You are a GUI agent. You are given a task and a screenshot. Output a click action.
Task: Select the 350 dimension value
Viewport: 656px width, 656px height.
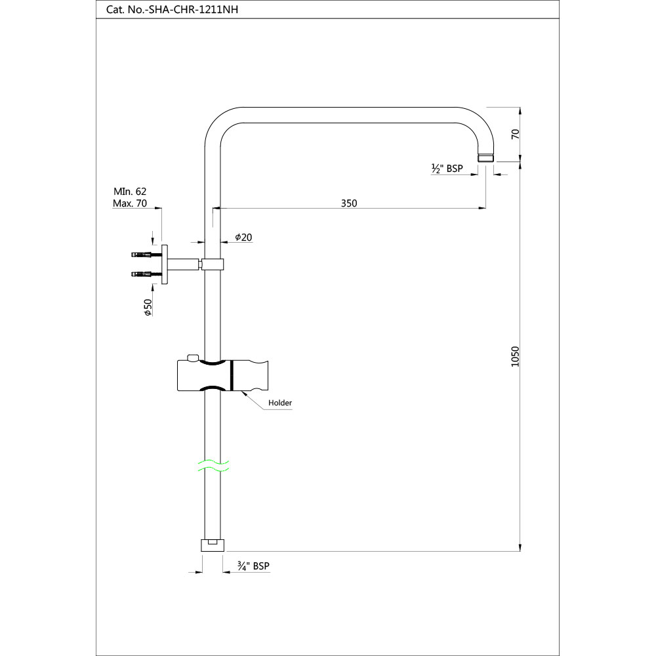(349, 203)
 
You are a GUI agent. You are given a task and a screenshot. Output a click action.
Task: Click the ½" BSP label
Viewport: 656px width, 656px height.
(447, 169)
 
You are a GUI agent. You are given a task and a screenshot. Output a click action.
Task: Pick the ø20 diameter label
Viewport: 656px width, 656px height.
(243, 237)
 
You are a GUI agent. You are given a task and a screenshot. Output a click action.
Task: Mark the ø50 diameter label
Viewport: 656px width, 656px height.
(148, 306)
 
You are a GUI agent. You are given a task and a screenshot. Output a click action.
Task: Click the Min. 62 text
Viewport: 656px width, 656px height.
(130, 192)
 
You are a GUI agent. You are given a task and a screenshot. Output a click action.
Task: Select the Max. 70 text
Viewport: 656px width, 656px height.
(130, 203)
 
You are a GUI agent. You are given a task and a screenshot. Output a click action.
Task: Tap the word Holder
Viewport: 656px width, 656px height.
(280, 403)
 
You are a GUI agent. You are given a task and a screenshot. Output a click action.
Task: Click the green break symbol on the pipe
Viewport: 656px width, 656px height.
(213, 466)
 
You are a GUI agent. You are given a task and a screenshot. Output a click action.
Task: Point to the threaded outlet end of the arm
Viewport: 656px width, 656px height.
(485, 157)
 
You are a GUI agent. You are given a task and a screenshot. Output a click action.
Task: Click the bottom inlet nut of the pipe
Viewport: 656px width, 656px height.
(212, 544)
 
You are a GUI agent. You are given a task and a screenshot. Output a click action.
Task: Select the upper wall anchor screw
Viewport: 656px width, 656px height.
(142, 255)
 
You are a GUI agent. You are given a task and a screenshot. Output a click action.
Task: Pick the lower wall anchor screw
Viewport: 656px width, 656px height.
(142, 274)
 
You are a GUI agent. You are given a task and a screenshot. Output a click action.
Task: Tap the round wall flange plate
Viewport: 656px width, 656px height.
(165, 264)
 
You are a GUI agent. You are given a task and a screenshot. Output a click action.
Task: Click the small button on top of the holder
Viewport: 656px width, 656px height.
(192, 358)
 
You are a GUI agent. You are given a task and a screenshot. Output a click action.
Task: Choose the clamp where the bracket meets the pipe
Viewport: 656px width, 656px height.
(212, 264)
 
